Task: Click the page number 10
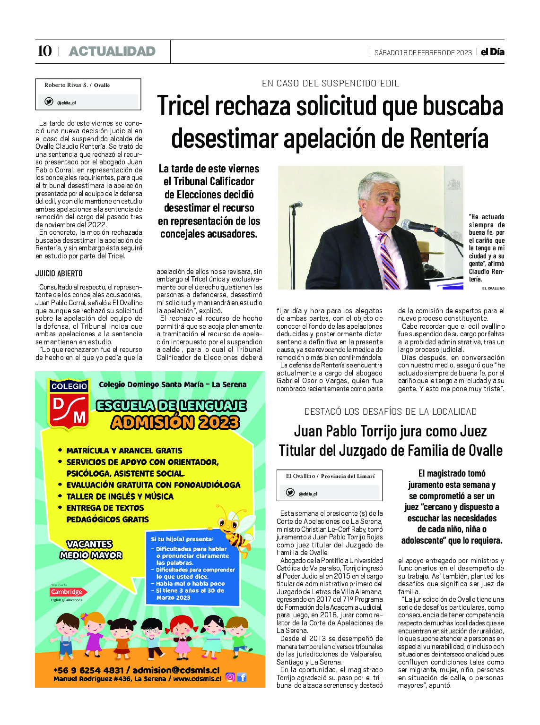(44, 51)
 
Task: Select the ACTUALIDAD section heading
(112, 51)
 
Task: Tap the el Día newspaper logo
(492, 52)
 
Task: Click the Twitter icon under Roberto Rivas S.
(49, 102)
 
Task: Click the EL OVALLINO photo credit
(493, 288)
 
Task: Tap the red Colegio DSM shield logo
(69, 405)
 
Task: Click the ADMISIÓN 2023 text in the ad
(175, 422)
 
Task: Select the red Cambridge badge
(66, 592)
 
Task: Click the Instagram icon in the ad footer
(230, 677)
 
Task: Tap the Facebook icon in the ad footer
(242, 677)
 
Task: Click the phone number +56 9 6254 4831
(88, 670)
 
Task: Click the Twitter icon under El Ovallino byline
(290, 493)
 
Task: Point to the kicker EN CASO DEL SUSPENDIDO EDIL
(331, 84)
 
